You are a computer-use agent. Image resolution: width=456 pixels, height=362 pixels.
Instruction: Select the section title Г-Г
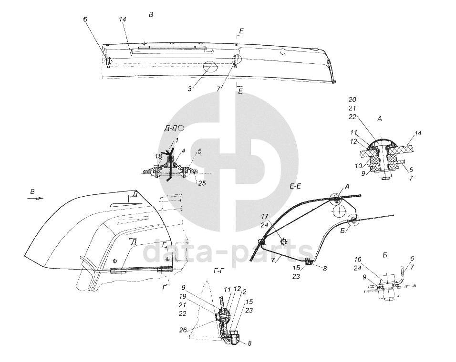tap(219, 271)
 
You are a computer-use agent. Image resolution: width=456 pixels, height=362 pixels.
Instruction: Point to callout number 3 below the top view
tap(190, 89)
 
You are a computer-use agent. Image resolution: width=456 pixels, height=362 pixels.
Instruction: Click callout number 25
tap(202, 183)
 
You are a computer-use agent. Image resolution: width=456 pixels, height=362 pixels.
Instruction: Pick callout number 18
tap(158, 156)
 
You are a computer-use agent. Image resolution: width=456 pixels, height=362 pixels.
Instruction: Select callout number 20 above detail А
tap(352, 100)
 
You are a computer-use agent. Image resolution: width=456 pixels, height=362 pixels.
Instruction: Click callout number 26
tap(184, 329)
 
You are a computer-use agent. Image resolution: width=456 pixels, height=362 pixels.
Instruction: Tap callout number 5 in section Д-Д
tap(199, 151)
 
